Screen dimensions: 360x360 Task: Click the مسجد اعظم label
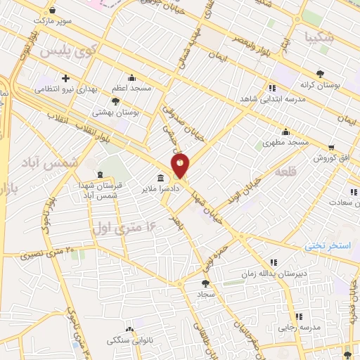coord(129,89)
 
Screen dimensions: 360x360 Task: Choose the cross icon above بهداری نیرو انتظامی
coord(65,78)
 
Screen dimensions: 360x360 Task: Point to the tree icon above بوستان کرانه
coord(320,72)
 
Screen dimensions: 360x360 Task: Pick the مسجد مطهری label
coord(287,143)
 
